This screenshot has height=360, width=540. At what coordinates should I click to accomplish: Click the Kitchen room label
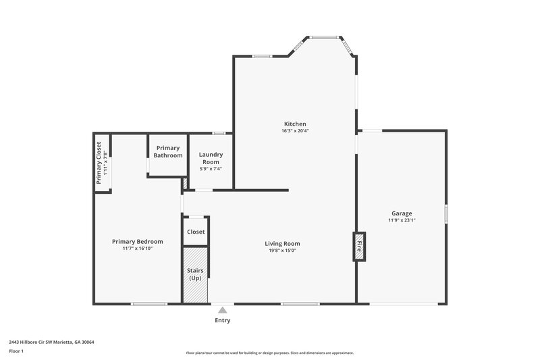pos(295,124)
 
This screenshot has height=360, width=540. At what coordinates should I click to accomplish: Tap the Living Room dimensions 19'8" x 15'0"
pos(282,251)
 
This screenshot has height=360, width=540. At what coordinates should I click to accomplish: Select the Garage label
pos(402,213)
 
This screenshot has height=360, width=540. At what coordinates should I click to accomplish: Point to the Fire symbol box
pos(359,247)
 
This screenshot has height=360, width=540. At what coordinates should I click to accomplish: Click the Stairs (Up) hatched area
pos(195,274)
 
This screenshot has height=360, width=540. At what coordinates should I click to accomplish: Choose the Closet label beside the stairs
pos(196,232)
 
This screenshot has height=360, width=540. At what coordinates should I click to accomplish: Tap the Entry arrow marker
pos(222,309)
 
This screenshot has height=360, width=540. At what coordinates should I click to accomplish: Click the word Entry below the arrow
pos(222,320)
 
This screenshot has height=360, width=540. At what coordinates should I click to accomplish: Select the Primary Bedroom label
pos(138,242)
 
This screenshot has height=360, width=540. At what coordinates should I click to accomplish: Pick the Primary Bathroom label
pos(168,151)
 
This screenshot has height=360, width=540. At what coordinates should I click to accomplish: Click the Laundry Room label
pos(211,158)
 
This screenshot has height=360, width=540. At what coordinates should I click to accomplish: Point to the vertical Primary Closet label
pos(99,163)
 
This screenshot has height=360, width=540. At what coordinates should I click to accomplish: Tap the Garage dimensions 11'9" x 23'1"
pos(402,220)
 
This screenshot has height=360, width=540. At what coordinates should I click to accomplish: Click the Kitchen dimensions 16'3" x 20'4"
pos(295,131)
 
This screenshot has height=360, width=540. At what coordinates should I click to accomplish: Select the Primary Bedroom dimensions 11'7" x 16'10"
pos(138,249)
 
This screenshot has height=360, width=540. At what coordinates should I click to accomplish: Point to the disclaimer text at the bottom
pos(269,353)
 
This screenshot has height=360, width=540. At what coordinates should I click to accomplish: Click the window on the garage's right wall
pos(446,213)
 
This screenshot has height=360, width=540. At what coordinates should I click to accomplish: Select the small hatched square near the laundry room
pos(184,184)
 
